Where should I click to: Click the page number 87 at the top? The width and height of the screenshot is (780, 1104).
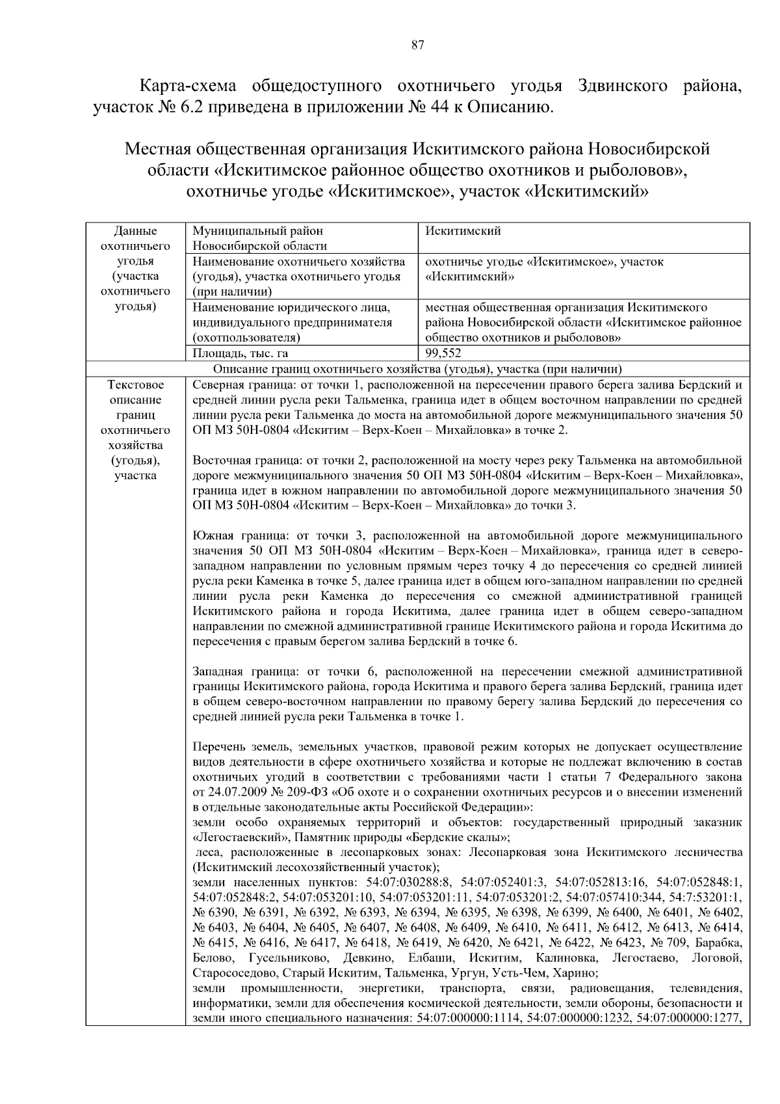(418, 45)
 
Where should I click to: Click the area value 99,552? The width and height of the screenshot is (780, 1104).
(443, 353)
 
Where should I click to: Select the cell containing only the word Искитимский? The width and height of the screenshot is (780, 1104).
(463, 231)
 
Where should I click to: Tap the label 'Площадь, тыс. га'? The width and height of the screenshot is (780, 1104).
(240, 353)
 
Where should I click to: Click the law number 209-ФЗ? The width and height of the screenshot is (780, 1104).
(305, 792)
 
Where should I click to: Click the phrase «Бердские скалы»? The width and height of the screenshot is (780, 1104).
(465, 837)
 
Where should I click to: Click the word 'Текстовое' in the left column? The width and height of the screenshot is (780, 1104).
(135, 385)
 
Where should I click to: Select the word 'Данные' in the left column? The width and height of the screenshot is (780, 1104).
(135, 231)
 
